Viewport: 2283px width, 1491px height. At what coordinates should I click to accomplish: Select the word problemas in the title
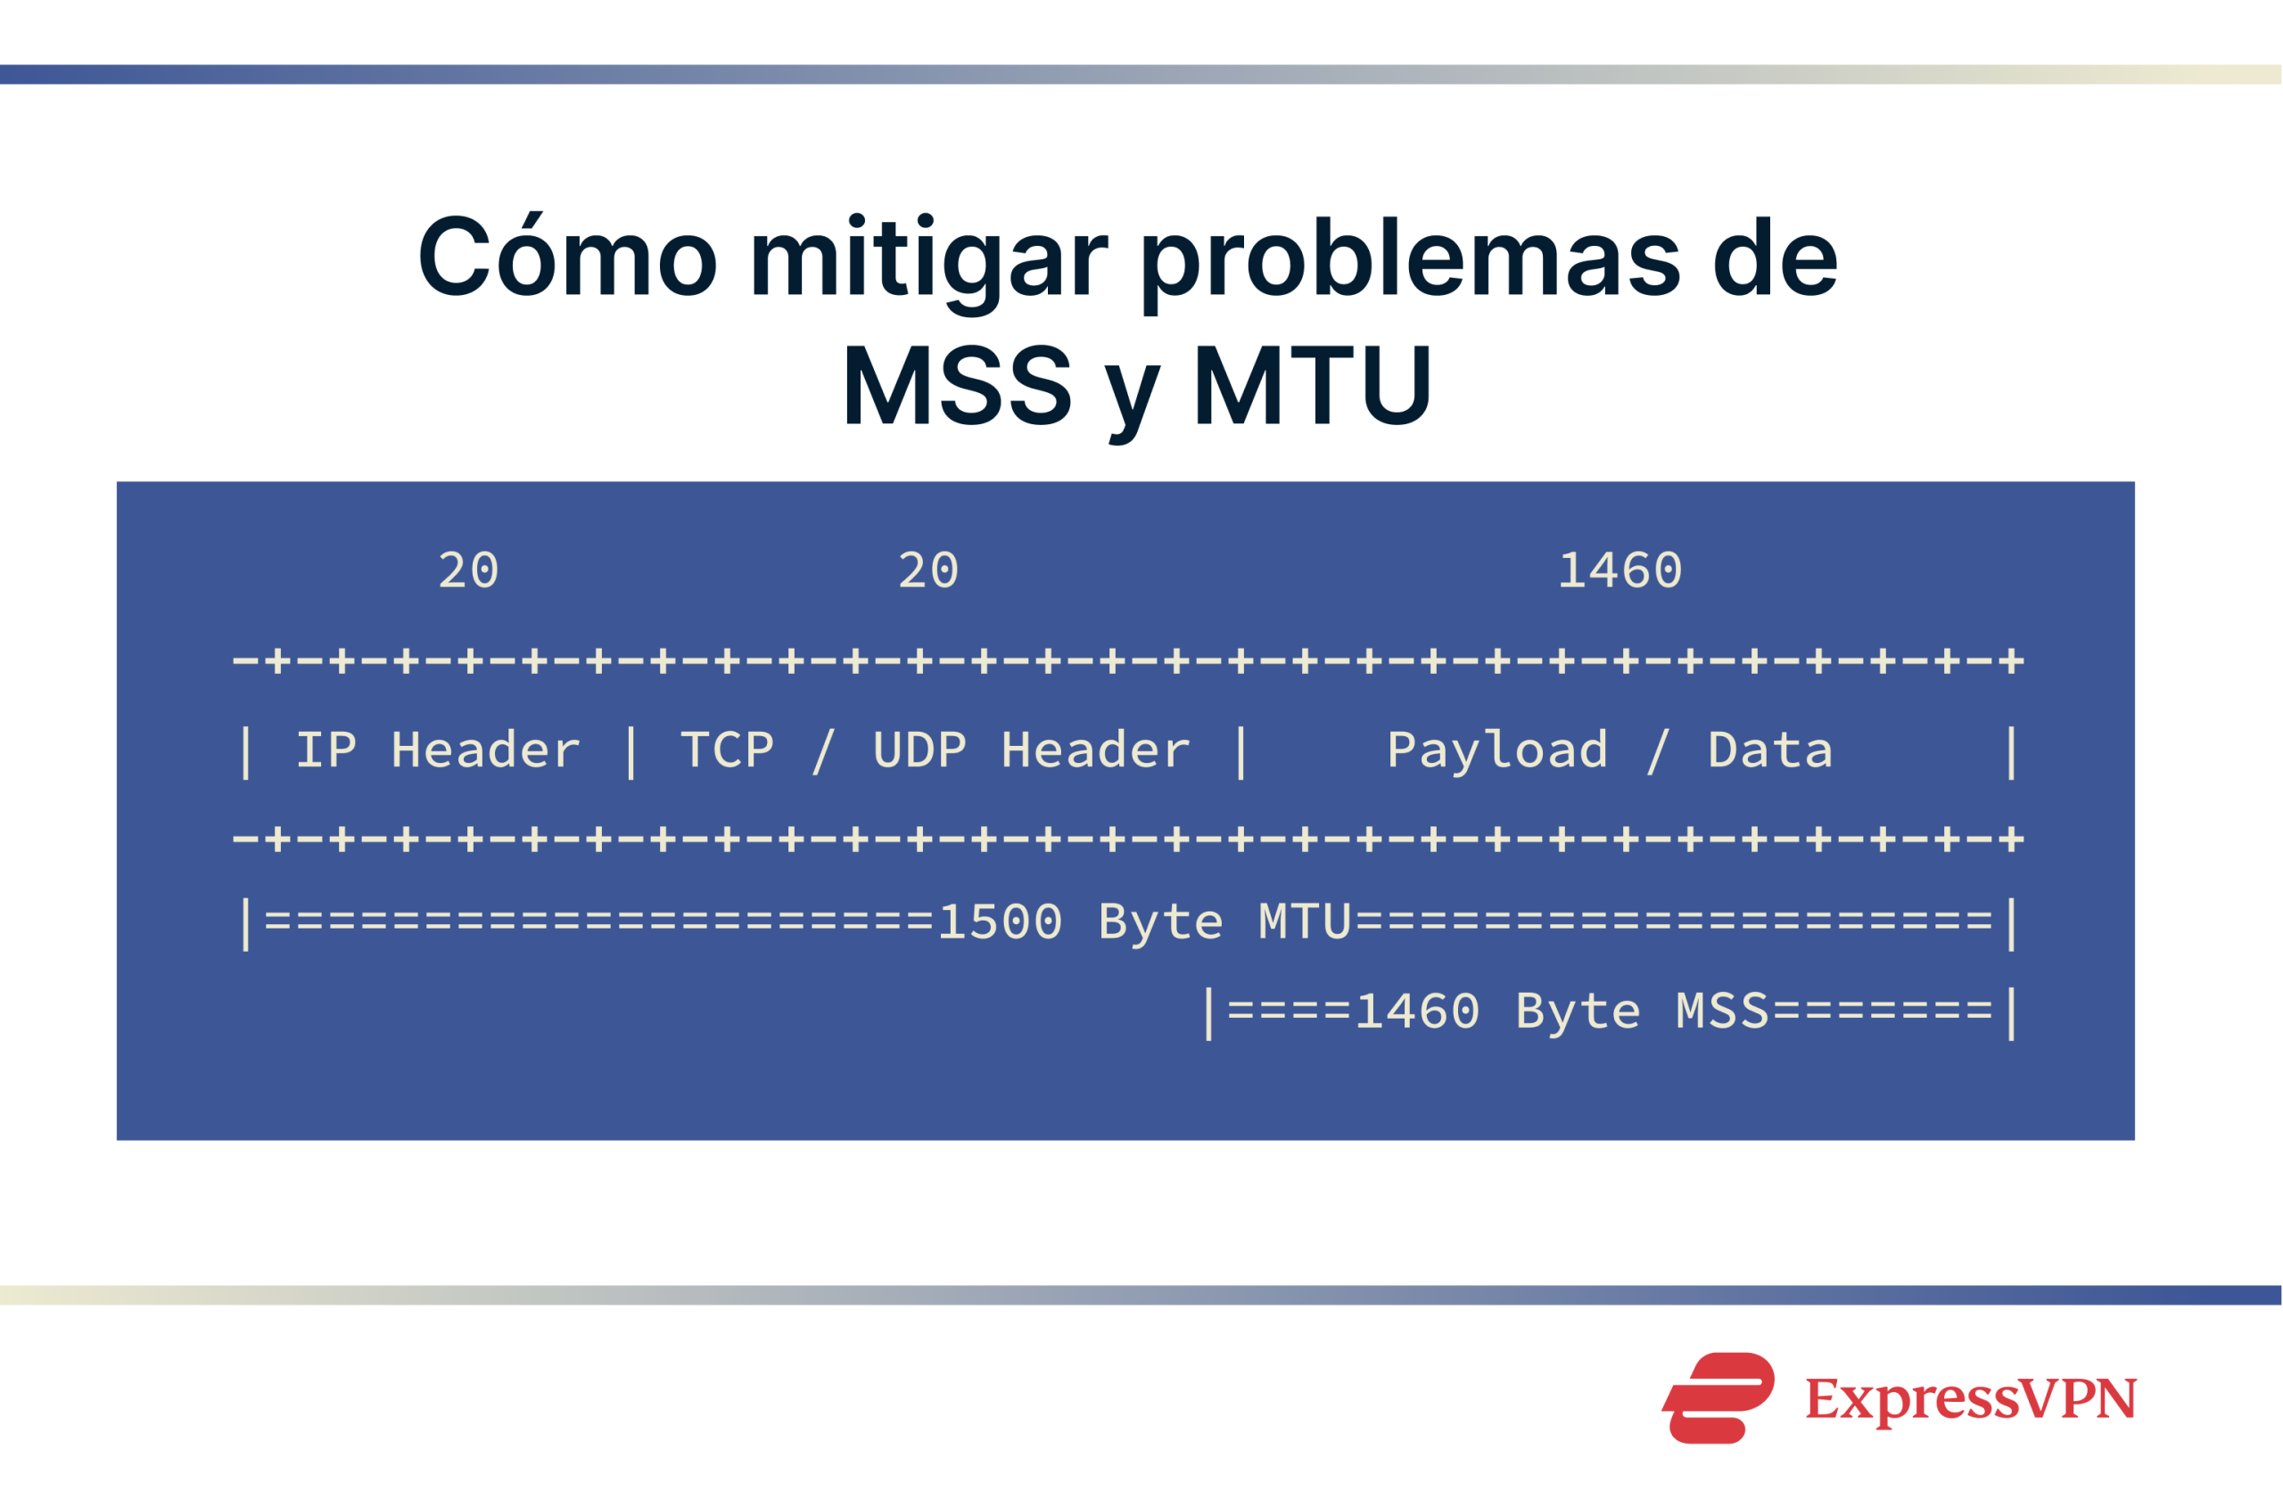1409,258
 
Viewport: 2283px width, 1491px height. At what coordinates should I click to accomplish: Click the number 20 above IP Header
468,571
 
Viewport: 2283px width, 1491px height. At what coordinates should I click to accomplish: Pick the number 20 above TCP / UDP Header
927,571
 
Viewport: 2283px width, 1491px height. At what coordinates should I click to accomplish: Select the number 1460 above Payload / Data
1620,571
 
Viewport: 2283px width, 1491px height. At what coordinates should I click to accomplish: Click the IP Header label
437,750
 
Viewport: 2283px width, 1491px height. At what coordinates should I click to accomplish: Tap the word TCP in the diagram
726,750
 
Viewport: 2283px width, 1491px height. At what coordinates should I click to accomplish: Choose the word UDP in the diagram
919,750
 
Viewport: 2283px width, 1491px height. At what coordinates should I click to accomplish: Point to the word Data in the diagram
1770,750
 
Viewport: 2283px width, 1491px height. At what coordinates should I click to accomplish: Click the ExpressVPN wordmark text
1971,1399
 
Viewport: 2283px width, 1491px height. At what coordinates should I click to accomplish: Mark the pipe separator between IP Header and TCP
631,751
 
